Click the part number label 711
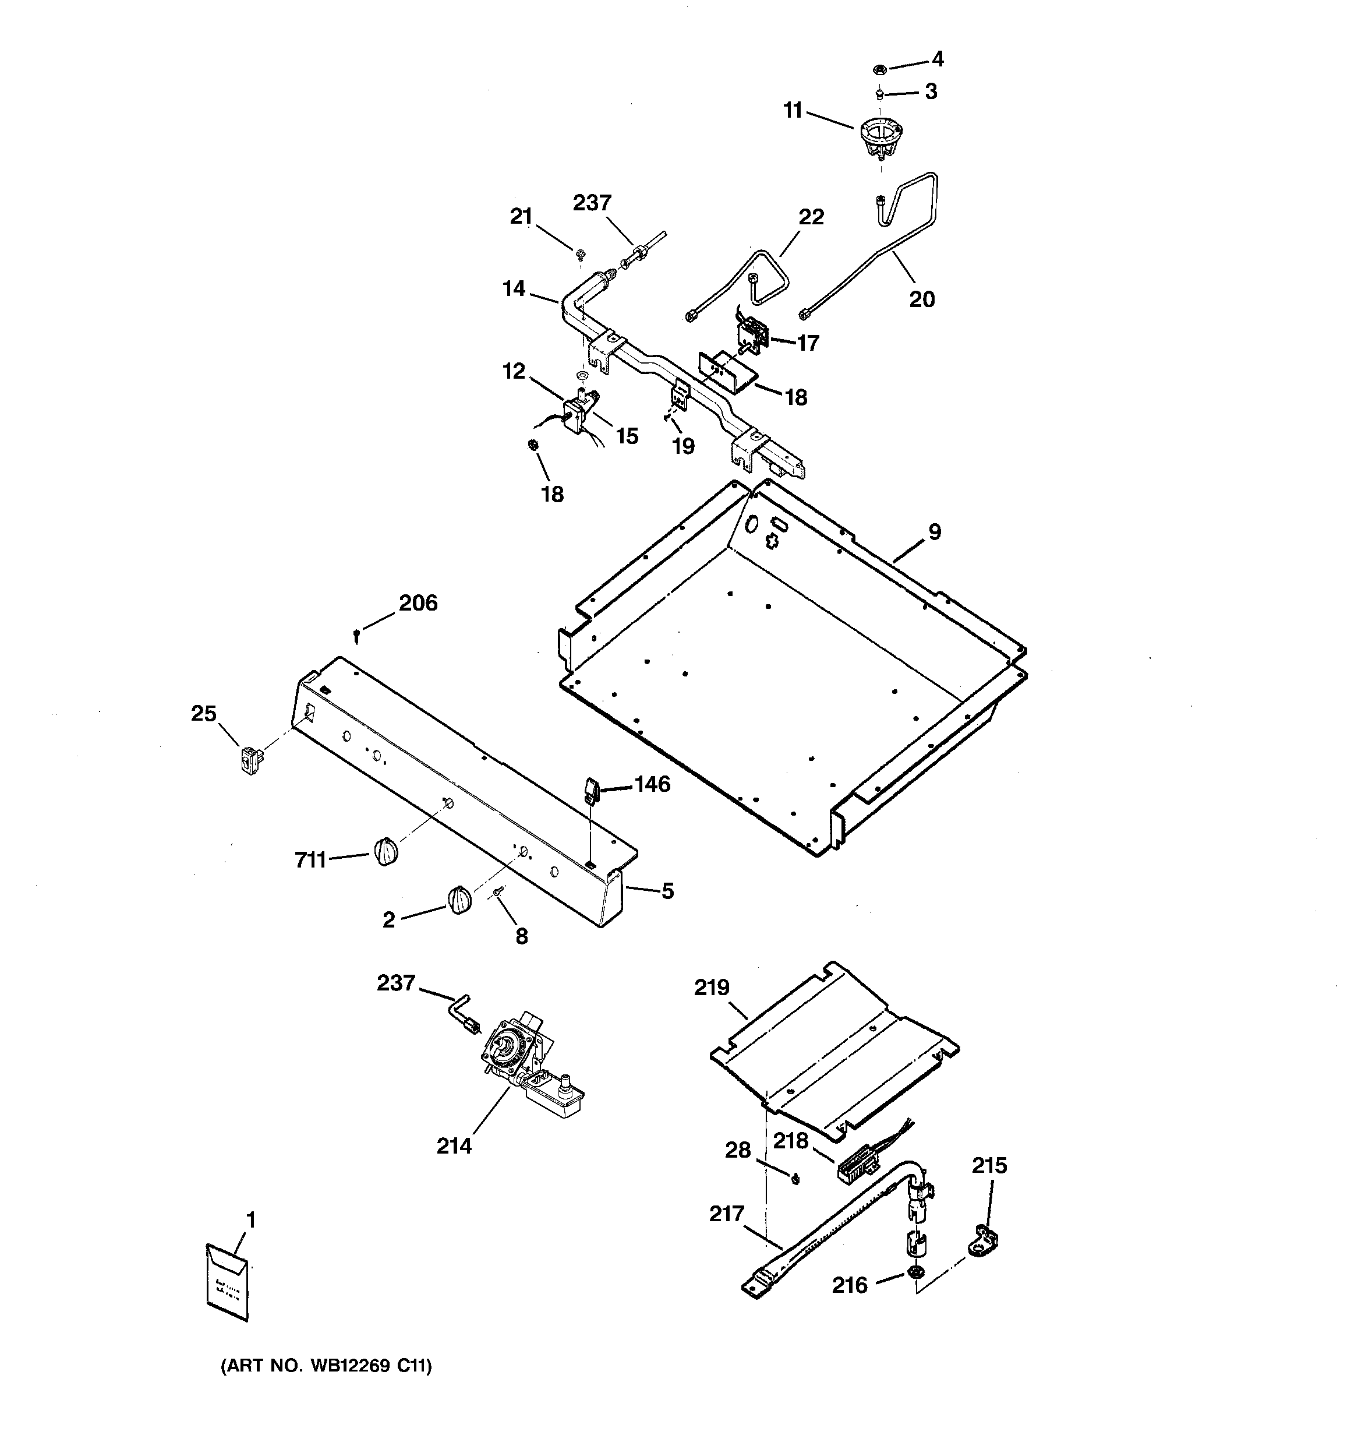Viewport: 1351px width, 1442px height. click(x=310, y=861)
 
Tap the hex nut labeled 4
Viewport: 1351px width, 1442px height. click(x=878, y=70)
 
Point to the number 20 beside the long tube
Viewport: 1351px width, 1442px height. click(x=922, y=299)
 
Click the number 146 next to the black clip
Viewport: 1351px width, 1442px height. click(x=652, y=784)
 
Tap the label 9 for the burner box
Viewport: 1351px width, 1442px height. click(x=935, y=532)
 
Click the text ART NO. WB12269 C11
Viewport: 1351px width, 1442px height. click(x=326, y=1367)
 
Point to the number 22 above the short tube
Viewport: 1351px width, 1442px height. click(x=811, y=217)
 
